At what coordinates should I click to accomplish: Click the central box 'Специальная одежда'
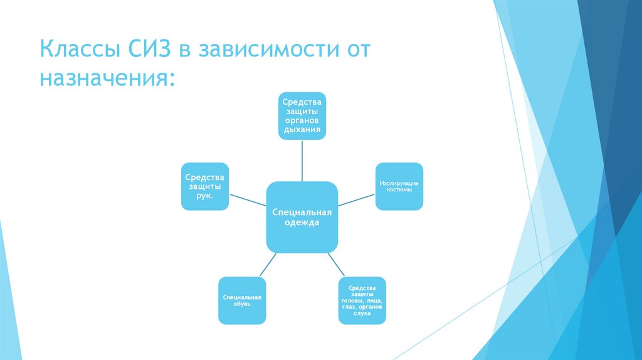(x=302, y=216)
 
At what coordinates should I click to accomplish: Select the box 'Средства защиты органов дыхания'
(x=302, y=115)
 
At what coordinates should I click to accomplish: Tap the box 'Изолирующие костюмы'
(x=399, y=186)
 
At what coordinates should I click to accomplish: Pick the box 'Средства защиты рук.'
(x=204, y=186)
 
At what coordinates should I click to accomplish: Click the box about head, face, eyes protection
(x=362, y=300)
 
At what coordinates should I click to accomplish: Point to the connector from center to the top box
(x=302, y=160)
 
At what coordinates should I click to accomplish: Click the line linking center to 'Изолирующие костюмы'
(x=356, y=200)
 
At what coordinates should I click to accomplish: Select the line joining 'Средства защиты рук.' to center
(x=248, y=201)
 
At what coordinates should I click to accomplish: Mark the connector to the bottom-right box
(x=337, y=264)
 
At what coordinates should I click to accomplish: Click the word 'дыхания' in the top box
(x=302, y=130)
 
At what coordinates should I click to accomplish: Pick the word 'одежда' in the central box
(x=302, y=223)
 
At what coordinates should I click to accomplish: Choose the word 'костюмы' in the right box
(x=399, y=189)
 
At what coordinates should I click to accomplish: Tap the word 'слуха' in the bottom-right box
(x=362, y=313)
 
